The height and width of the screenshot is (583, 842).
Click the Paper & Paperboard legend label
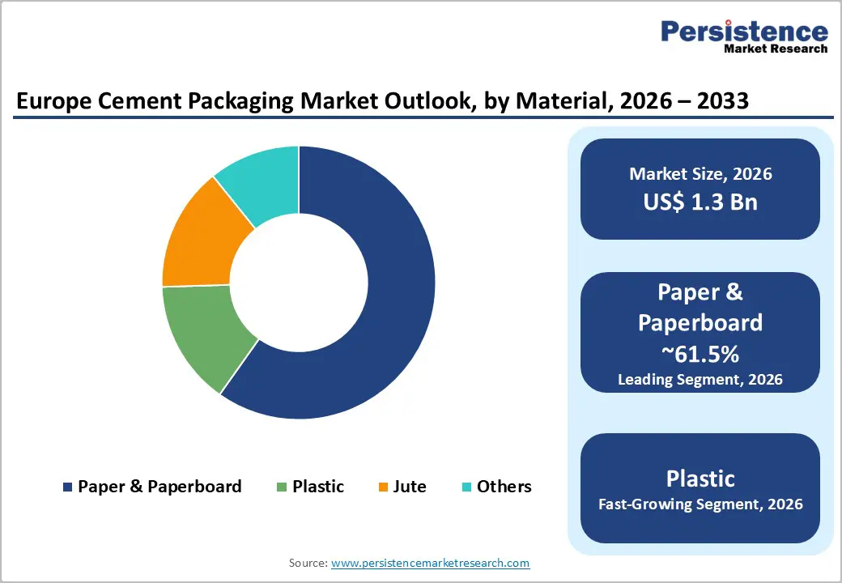pyautogui.click(x=159, y=487)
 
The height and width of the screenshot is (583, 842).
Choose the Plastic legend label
pyautogui.click(x=318, y=487)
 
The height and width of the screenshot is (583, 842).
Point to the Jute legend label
pyautogui.click(x=410, y=487)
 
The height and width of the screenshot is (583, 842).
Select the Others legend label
pyautogui.click(x=504, y=487)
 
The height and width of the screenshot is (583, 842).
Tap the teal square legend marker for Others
pyautogui.click(x=466, y=487)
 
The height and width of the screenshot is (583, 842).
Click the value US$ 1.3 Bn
pyautogui.click(x=700, y=202)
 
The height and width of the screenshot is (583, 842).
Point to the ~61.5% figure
pyautogui.click(x=700, y=354)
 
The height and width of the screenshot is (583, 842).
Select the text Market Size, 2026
pyautogui.click(x=700, y=174)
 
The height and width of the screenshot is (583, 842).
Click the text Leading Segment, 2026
pyautogui.click(x=700, y=379)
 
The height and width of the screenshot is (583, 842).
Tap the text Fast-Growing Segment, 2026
pyautogui.click(x=700, y=504)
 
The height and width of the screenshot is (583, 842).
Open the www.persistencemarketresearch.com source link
pyautogui.click(x=430, y=563)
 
